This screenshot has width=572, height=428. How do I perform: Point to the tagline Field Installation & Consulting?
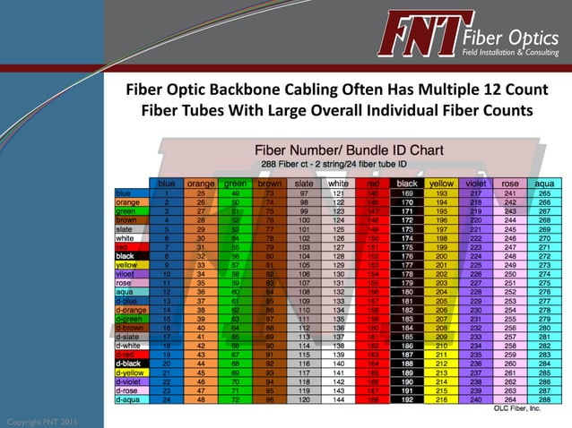click(513, 53)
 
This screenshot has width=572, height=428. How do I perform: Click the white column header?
click(338, 184)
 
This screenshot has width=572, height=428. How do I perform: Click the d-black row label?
click(128, 363)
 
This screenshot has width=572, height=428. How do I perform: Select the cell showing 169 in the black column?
click(406, 193)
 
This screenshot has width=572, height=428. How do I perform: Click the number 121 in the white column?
click(338, 193)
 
